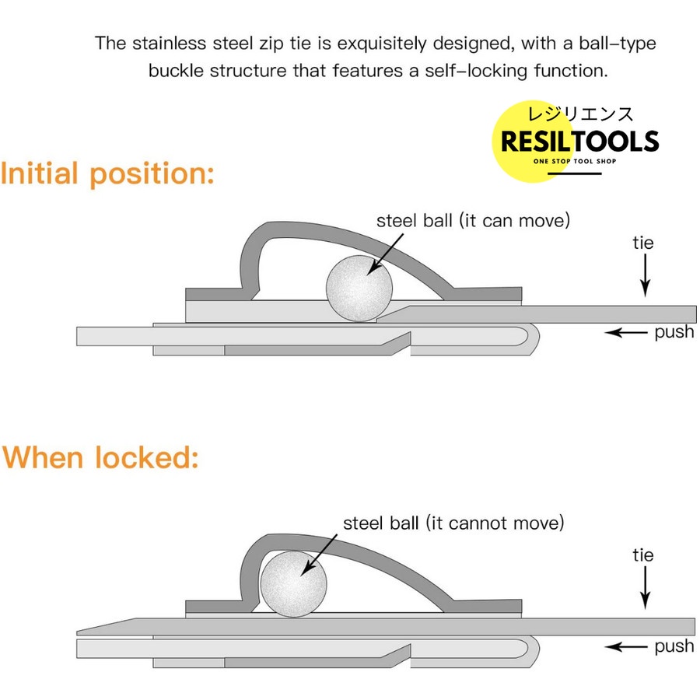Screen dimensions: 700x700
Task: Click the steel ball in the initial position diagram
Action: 359,287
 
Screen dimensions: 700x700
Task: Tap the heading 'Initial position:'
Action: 107,173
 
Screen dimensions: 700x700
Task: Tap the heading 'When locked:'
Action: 100,457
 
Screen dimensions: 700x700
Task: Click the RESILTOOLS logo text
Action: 579,142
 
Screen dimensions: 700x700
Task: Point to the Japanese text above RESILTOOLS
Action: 580,114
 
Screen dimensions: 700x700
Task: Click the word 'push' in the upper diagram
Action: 674,332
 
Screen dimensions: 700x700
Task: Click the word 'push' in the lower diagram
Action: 674,646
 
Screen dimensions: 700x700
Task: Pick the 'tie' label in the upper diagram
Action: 643,243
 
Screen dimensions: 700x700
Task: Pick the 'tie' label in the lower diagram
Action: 643,555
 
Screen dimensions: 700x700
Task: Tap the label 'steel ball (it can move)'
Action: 473,220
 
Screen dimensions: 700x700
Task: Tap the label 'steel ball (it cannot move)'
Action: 453,522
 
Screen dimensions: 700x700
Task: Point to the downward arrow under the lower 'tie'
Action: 645,589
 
